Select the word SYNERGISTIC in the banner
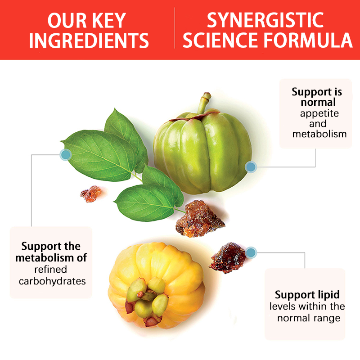[265, 20]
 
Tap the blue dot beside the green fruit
[251, 167]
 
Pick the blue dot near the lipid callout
[251, 252]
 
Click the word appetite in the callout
[319, 113]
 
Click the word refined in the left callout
[50, 270]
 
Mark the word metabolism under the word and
[319, 134]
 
